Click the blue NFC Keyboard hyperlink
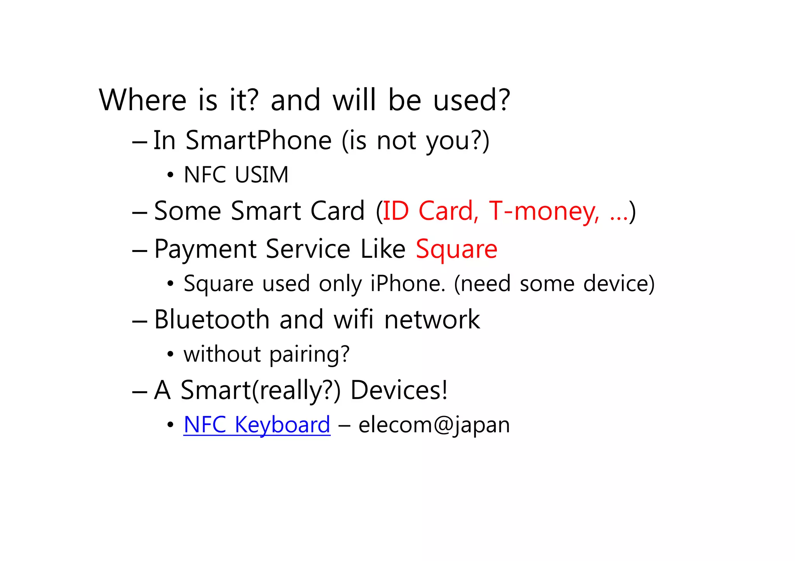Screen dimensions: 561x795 click(x=257, y=425)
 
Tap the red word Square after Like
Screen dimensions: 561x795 click(x=457, y=249)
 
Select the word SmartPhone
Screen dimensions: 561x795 click(x=259, y=140)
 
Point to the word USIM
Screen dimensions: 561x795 click(x=261, y=175)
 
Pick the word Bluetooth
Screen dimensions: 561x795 click(x=212, y=319)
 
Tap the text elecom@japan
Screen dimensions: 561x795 click(x=434, y=425)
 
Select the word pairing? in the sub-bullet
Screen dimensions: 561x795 click(x=309, y=354)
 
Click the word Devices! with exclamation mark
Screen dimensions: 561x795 click(x=399, y=390)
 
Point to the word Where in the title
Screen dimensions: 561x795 click(x=143, y=100)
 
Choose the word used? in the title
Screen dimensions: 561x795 click(x=472, y=100)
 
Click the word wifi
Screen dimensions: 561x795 click(x=354, y=319)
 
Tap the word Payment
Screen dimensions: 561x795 click(x=205, y=249)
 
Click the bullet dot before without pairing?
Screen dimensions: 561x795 click(x=170, y=355)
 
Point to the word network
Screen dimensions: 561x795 click(x=432, y=319)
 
